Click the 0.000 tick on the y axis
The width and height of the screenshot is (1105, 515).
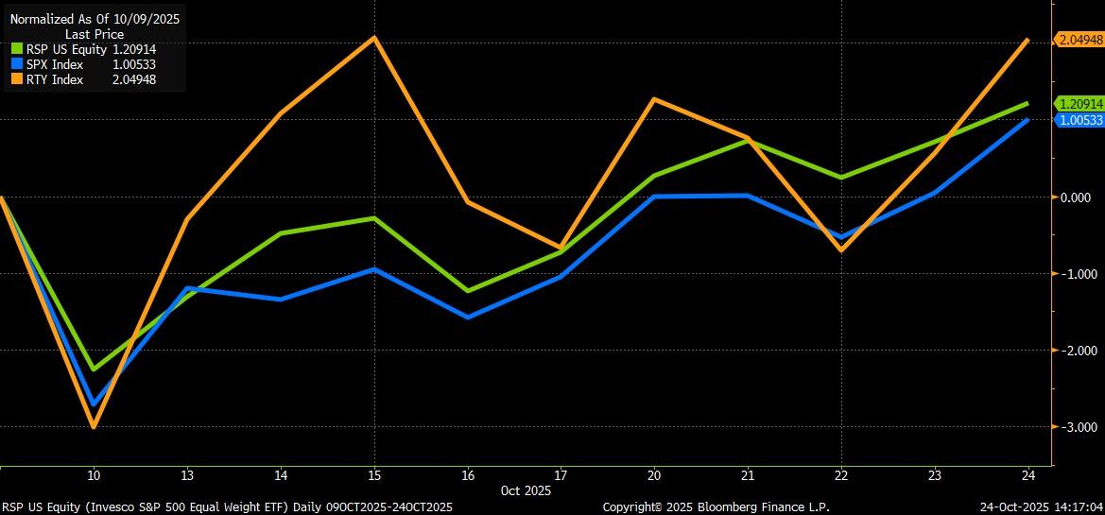[1076, 197]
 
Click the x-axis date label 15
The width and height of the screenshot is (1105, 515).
[374, 475]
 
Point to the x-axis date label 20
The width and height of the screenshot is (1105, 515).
[654, 475]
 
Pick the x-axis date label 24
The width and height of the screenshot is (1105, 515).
[1027, 475]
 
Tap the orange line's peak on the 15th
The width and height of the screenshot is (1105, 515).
[374, 38]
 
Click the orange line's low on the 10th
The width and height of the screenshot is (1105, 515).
[94, 427]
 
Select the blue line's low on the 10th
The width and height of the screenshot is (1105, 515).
[94, 403]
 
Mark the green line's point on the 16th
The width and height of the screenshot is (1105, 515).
[468, 290]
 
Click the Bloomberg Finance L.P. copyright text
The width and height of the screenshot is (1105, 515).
[716, 507]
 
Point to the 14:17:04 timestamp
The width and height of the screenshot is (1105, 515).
[1072, 507]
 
